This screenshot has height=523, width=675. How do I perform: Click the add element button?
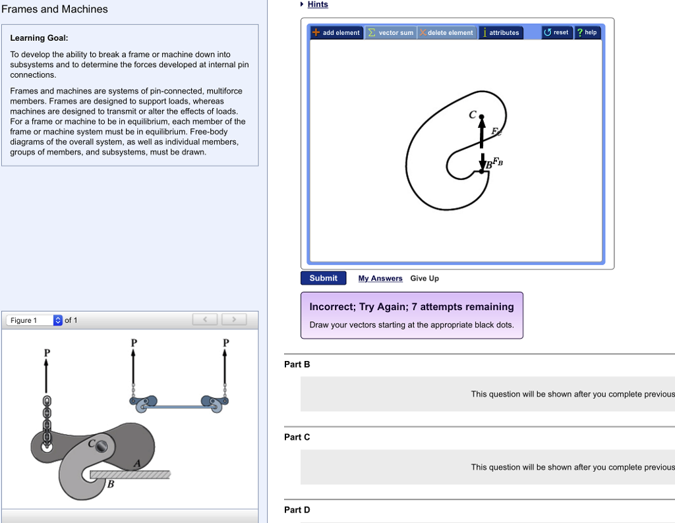pyautogui.click(x=337, y=32)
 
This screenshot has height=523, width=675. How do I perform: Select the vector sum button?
pyautogui.click(x=390, y=32)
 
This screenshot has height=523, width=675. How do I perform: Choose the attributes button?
pyautogui.click(x=501, y=32)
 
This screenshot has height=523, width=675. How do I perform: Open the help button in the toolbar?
pyautogui.click(x=587, y=32)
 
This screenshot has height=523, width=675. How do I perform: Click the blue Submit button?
pyautogui.click(x=323, y=278)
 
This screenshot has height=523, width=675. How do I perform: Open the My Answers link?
pyautogui.click(x=380, y=279)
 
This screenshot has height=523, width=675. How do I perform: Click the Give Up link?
pyautogui.click(x=425, y=279)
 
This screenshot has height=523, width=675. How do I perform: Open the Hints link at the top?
pyautogui.click(x=317, y=5)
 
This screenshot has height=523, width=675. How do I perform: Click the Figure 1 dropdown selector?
pyautogui.click(x=35, y=320)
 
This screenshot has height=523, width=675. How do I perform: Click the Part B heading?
pyautogui.click(x=297, y=364)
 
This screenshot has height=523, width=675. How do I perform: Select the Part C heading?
pyautogui.click(x=297, y=437)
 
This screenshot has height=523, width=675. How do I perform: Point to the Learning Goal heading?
pyautogui.click(x=39, y=38)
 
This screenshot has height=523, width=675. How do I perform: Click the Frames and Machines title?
pyautogui.click(x=55, y=9)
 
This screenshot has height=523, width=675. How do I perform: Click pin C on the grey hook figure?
pyautogui.click(x=101, y=447)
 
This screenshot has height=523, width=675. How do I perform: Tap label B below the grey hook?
pyautogui.click(x=111, y=485)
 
